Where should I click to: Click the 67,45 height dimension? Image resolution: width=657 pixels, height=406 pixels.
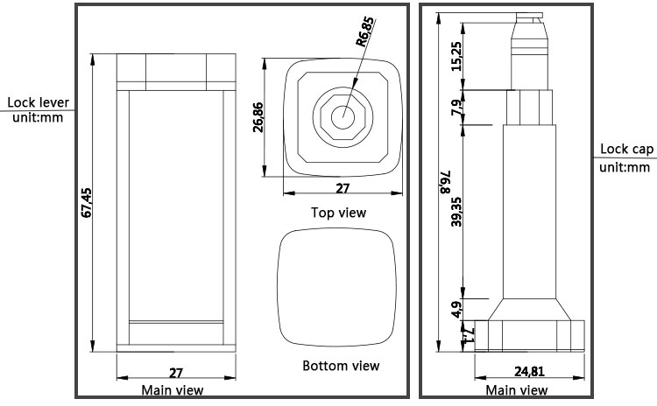[86, 202]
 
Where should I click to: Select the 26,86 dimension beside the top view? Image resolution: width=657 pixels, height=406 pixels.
[258, 116]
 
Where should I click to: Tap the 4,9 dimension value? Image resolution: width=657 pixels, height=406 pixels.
[456, 309]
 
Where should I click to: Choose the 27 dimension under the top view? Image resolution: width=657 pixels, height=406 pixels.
[343, 188]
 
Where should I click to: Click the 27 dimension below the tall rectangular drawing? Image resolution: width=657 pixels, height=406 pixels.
[174, 372]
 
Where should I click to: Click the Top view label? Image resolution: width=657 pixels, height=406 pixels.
[338, 213]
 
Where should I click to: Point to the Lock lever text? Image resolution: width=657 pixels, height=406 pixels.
[38, 102]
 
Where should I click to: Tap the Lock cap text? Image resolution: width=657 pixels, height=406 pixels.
[625, 150]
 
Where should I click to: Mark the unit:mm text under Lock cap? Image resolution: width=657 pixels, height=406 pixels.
[625, 167]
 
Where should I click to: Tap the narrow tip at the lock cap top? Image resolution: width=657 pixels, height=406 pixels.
[531, 15]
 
